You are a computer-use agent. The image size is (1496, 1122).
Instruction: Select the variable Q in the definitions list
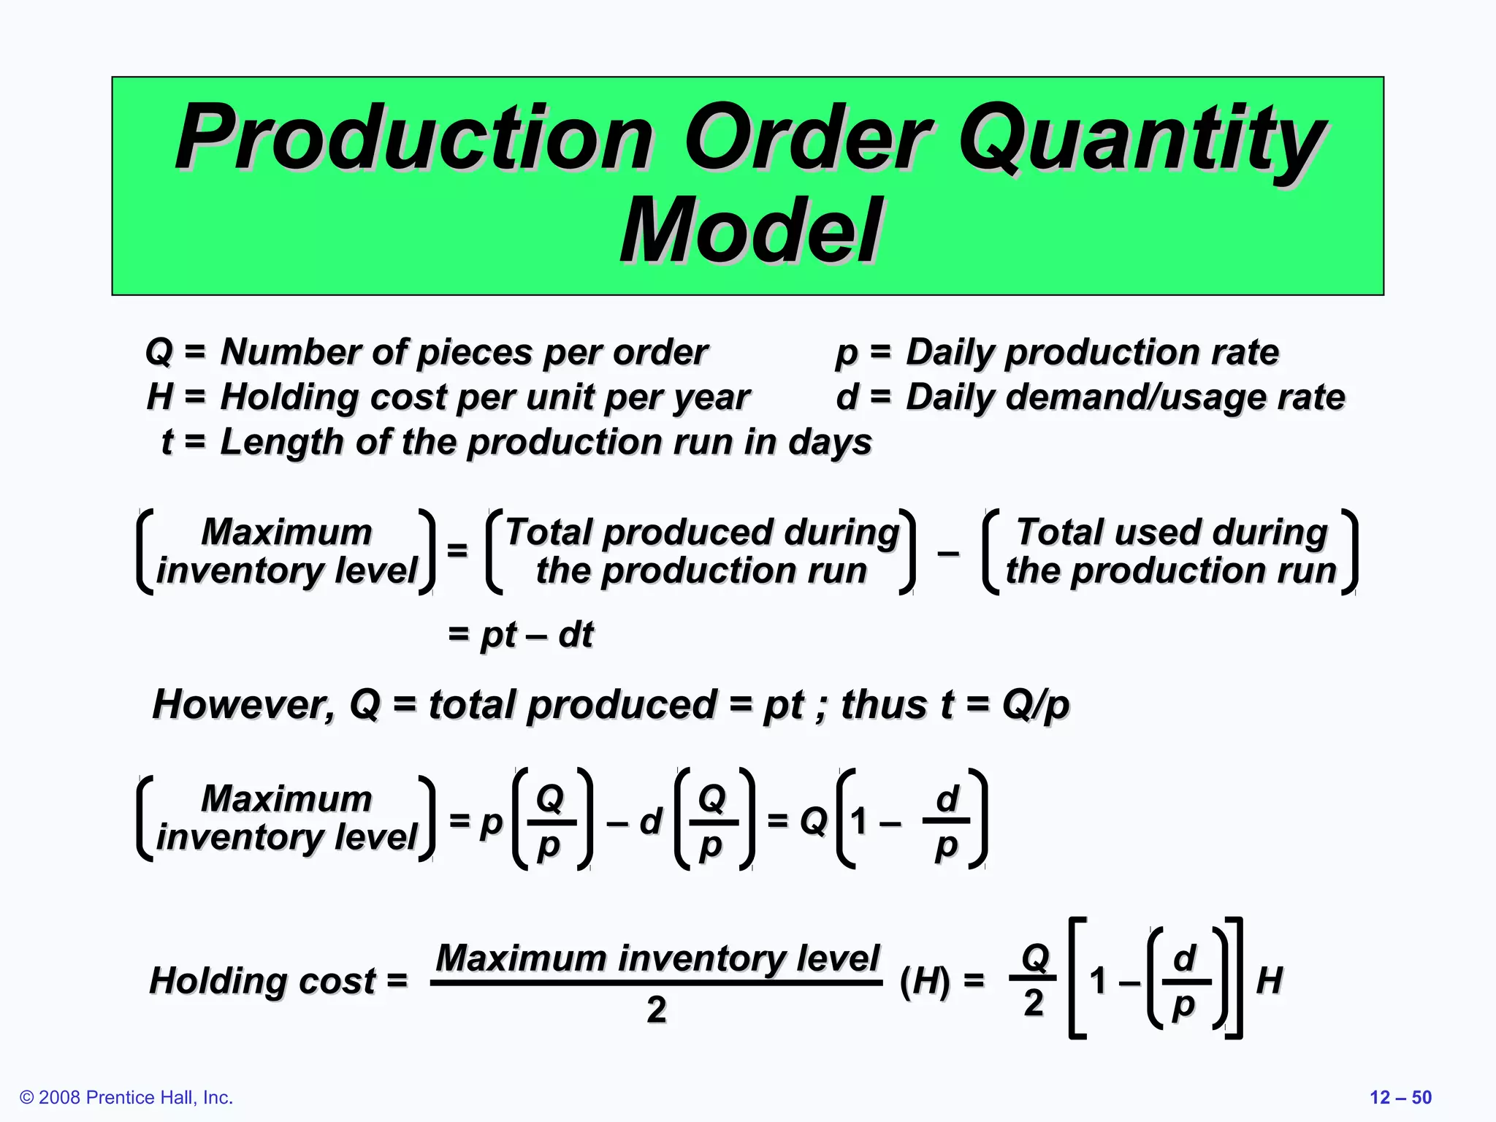point(159,351)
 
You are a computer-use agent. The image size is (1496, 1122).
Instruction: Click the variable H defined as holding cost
point(160,397)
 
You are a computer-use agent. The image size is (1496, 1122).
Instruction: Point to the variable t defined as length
point(167,442)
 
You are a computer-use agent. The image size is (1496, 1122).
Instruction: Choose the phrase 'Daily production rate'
point(1092,351)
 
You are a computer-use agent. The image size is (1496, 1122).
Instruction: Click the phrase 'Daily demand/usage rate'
point(1125,397)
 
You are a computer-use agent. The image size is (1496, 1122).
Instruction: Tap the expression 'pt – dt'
point(536,634)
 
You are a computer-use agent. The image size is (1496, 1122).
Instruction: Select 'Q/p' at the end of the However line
point(1035,704)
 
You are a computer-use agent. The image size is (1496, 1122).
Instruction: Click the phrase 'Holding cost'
point(263,980)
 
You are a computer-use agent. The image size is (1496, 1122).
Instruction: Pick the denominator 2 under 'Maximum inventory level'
point(657,1010)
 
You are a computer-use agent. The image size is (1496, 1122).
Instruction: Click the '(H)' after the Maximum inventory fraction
point(925,980)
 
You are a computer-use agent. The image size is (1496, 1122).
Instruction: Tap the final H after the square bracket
point(1270,980)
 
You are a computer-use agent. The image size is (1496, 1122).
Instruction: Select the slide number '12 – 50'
point(1400,1097)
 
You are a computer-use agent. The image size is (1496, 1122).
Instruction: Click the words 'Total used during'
point(1172,532)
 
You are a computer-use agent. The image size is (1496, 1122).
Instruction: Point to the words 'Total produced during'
point(702,532)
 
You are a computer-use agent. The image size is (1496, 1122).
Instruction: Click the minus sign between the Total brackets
point(948,553)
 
